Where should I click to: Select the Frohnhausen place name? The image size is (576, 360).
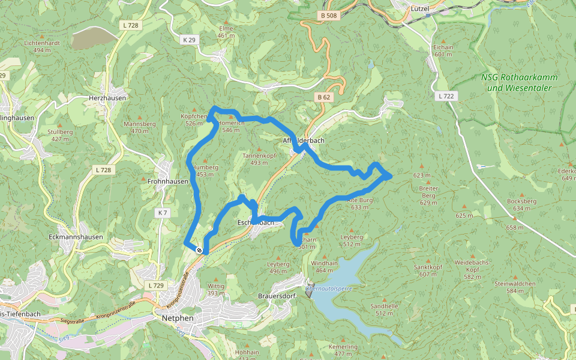coord(168,181)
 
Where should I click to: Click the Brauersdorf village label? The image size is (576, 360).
coord(277,296)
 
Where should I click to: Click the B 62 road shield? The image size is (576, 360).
coord(323,97)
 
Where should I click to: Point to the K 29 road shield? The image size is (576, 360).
coord(188,40)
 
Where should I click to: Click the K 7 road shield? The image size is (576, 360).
coord(161,213)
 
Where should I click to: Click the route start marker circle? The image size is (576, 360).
coord(199,250)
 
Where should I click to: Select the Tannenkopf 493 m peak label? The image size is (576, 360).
coord(259,158)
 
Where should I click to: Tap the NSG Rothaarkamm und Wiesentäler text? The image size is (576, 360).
coord(520,83)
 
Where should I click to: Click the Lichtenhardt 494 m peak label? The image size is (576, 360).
coord(42,47)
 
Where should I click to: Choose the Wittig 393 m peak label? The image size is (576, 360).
coord(215,290)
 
